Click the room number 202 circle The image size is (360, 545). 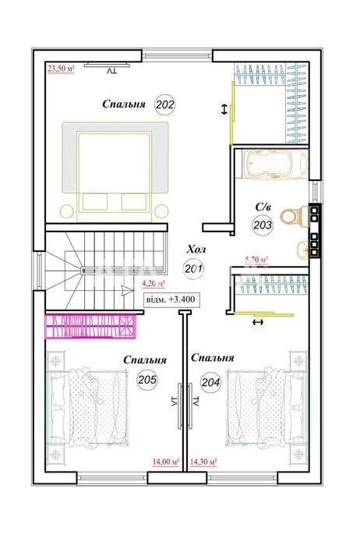click(x=164, y=104)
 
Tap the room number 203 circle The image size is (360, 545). click(x=263, y=225)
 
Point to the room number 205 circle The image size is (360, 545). click(x=147, y=380)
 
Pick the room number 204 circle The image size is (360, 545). click(x=210, y=382)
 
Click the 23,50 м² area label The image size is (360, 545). click(x=61, y=68)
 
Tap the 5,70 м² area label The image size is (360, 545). click(x=256, y=260)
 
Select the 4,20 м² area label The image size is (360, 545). click(x=154, y=283)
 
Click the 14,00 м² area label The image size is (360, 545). click(x=166, y=462)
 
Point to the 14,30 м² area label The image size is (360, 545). click(x=203, y=462)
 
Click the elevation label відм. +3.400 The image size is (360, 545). click(x=172, y=299)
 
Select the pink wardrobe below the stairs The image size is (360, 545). click(x=90, y=326)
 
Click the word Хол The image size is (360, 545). click(x=196, y=249)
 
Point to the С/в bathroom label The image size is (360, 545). click(x=263, y=207)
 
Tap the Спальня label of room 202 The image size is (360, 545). click(x=124, y=104)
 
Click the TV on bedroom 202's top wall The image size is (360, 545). click(x=107, y=64)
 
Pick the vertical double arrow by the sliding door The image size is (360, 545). click(x=225, y=110)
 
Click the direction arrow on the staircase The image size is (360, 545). click(x=127, y=291)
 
